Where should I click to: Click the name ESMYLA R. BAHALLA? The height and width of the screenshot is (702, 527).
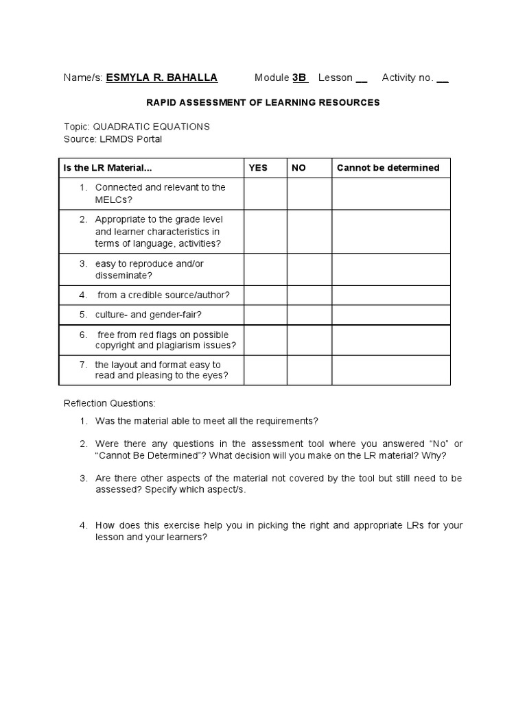161,77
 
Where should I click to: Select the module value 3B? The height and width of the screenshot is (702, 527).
300,77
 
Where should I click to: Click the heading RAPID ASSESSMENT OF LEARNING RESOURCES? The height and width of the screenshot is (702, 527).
263,102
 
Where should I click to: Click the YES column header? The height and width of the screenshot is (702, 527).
258,168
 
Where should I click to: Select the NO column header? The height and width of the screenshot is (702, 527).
298,168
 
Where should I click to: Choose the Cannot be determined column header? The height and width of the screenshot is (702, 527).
388,168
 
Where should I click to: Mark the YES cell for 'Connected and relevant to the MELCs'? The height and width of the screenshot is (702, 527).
265,193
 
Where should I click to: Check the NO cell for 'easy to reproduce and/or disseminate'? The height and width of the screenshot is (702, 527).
309,269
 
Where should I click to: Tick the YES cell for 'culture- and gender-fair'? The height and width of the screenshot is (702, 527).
265,315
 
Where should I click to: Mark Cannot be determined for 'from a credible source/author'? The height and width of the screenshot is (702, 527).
391,295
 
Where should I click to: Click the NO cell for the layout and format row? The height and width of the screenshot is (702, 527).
309,370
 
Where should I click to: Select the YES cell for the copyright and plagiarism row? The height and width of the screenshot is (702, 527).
265,340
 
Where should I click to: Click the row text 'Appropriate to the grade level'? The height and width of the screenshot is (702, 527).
159,219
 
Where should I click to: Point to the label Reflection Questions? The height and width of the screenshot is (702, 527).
110,402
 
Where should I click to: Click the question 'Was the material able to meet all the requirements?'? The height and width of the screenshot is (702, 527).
207,420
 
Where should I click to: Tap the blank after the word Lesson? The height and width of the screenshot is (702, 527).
362,78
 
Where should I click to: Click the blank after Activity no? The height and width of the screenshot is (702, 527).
443,78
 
